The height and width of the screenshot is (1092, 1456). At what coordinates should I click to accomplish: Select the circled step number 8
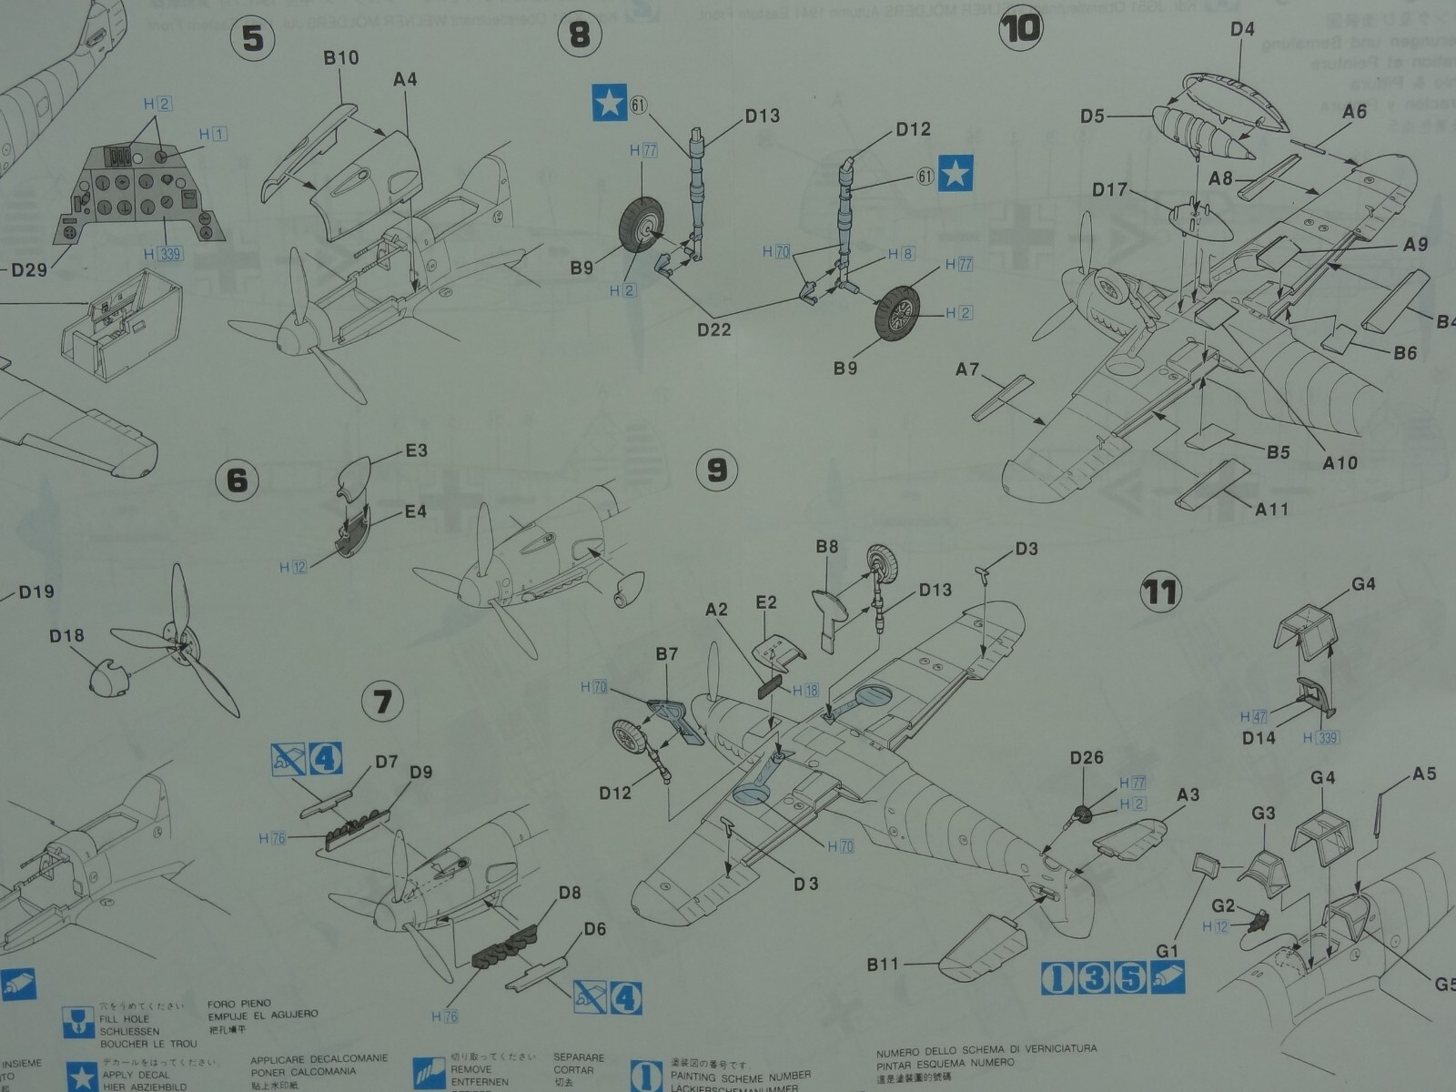click(579, 35)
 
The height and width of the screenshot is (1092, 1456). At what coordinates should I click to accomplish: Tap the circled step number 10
click(1020, 28)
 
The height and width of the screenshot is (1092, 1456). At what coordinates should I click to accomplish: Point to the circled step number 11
click(1159, 592)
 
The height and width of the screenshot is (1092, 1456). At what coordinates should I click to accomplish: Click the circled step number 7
click(382, 702)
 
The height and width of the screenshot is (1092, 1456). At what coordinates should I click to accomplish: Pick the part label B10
click(340, 58)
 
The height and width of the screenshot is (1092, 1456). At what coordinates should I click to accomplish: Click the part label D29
click(29, 270)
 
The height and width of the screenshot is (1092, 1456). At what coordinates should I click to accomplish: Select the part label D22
click(714, 329)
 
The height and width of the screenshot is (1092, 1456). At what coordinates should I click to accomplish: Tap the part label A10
click(1340, 462)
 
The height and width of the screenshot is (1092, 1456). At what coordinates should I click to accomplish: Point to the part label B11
click(882, 964)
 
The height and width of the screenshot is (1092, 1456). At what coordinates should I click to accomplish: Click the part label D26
click(1086, 758)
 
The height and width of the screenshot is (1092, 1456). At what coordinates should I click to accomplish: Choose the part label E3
click(416, 450)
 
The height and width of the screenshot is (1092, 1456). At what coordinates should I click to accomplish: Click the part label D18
click(66, 635)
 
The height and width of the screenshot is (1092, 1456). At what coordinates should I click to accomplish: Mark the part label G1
click(1167, 951)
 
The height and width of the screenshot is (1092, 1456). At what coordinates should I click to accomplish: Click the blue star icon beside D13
click(609, 102)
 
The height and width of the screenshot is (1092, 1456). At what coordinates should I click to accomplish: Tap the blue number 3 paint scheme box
click(1095, 978)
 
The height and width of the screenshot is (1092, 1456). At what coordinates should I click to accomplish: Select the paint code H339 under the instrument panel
click(163, 254)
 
